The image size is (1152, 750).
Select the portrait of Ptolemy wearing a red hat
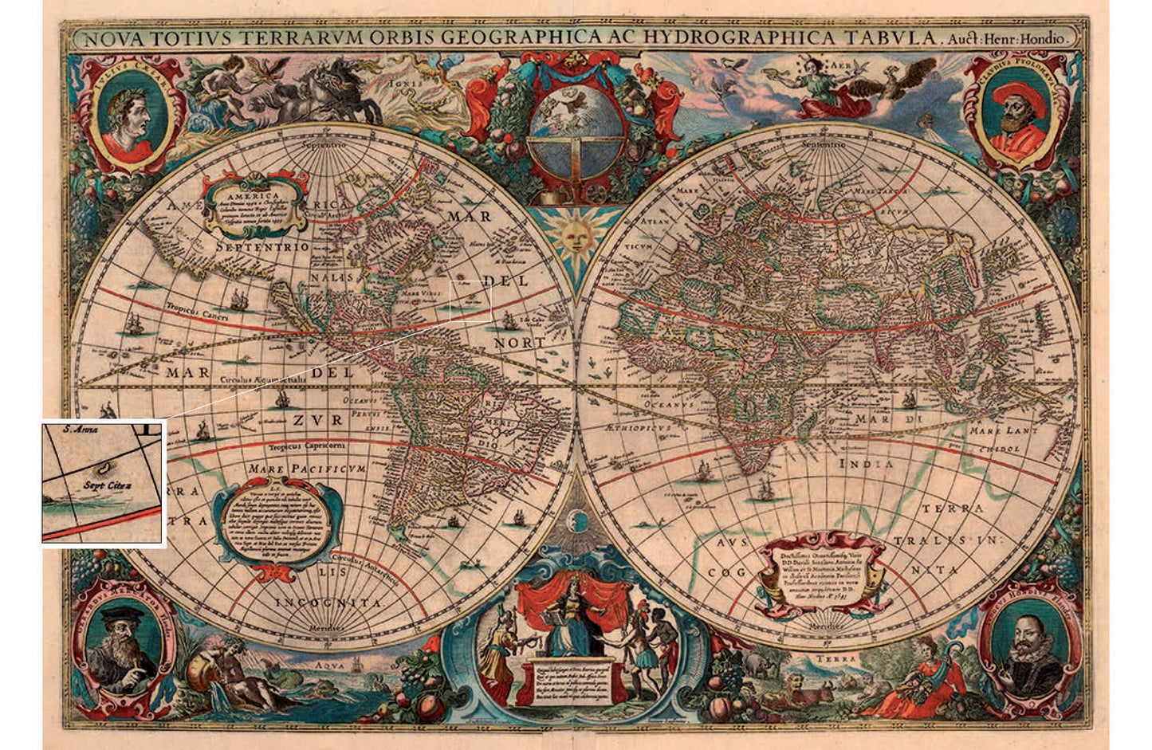tap(1015, 114)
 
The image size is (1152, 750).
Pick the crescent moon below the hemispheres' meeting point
tap(576, 522)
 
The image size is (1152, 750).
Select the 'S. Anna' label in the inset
tap(81, 430)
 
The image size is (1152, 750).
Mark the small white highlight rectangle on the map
tap(470, 301)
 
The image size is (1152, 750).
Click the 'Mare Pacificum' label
tap(307, 469)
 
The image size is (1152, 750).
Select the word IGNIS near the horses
tap(402, 80)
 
